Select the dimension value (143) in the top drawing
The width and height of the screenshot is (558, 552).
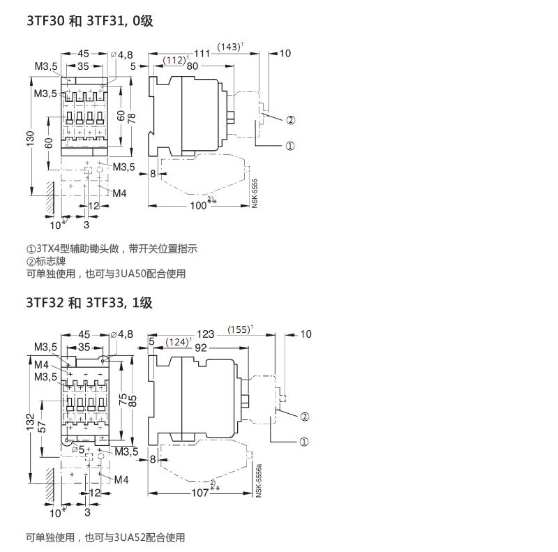coord(229,47)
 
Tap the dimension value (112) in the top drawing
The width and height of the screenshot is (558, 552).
coord(173,60)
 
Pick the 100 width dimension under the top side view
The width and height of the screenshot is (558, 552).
coord(199,205)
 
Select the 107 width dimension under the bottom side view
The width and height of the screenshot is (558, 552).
coord(201,493)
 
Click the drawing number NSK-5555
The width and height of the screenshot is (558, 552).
coord(255,191)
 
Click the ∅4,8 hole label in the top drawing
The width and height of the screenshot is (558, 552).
coord(121,54)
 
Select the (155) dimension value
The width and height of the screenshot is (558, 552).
coord(240,329)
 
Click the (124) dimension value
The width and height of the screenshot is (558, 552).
coord(177,342)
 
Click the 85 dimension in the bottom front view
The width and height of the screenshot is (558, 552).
coord(132,402)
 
